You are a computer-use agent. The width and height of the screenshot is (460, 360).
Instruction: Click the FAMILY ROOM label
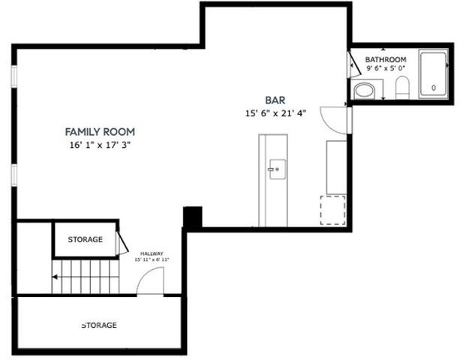point(99,131)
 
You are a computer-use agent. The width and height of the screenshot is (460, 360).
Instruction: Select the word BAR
point(275,100)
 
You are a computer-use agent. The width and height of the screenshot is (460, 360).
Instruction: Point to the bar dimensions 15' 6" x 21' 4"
point(275,113)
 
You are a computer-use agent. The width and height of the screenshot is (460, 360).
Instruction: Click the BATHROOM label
point(386,59)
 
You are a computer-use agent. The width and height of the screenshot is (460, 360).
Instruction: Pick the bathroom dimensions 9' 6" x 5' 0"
point(386,68)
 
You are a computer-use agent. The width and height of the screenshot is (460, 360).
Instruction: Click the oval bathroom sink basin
point(364,91)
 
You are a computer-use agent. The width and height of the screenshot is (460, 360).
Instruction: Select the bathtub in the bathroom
point(433,75)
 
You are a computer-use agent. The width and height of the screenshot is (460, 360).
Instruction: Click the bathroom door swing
point(356,65)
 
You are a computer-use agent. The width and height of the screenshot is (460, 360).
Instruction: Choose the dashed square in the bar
point(333,209)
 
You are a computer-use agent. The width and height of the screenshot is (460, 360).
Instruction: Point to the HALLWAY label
point(152,253)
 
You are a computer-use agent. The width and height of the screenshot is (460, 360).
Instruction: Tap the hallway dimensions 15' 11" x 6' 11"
point(152,260)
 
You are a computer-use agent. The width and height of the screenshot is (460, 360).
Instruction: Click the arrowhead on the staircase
point(55,277)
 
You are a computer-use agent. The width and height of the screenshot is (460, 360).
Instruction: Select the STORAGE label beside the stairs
point(85,240)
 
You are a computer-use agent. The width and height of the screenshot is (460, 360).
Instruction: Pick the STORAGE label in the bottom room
point(99,325)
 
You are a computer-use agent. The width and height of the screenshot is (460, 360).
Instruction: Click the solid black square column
point(193,217)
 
